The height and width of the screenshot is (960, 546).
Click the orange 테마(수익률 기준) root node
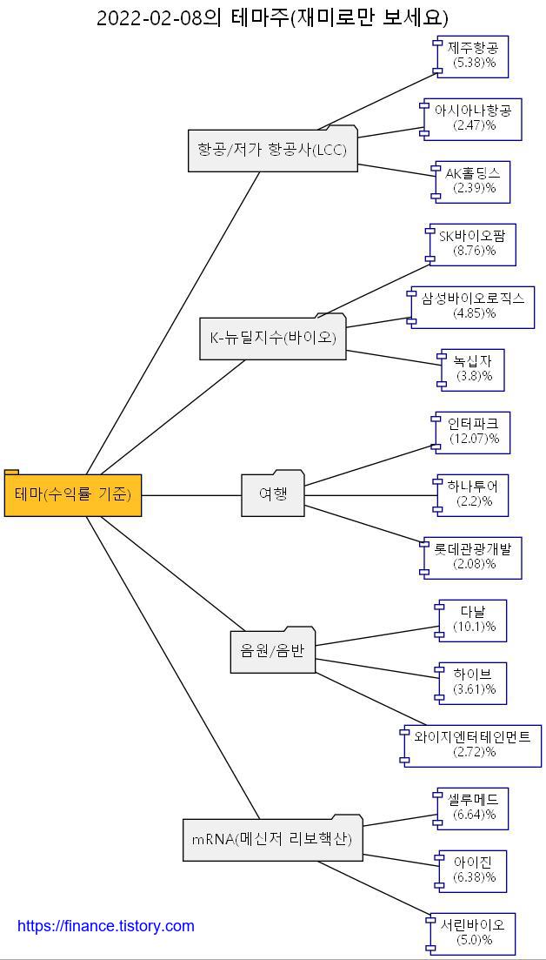[x=73, y=494]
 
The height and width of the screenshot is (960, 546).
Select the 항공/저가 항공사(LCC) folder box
[x=272, y=151]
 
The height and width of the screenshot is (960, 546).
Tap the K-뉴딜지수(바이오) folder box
[x=273, y=339]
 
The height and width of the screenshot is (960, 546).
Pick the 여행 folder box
[x=273, y=494]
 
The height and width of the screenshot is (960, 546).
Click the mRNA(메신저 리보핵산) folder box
[x=272, y=839]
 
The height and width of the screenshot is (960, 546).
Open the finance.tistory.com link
[x=106, y=926]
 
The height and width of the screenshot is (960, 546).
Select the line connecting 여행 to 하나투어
[x=370, y=495]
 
